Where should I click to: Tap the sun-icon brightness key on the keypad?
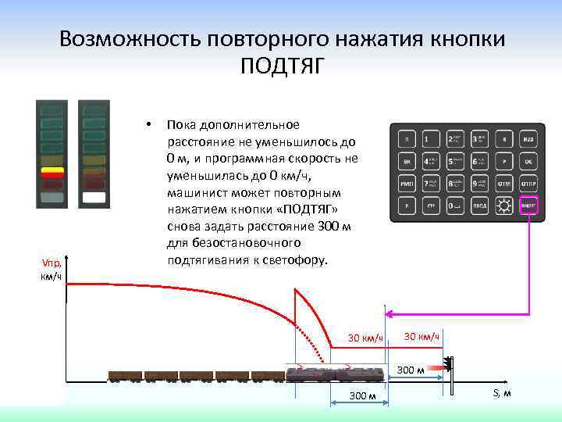[504, 207]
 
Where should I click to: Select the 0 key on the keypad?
[454, 207]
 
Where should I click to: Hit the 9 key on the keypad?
[479, 184]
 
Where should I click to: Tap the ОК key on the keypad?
[528, 162]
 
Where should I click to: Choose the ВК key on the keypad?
[406, 162]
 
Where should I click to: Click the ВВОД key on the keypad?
[479, 207]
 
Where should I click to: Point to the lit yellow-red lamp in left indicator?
[52, 172]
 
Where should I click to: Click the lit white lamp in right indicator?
[94, 198]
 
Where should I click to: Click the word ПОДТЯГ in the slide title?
[281, 67]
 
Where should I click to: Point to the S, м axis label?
[502, 393]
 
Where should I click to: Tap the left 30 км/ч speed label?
[365, 338]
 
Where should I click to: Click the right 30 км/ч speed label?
[422, 336]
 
